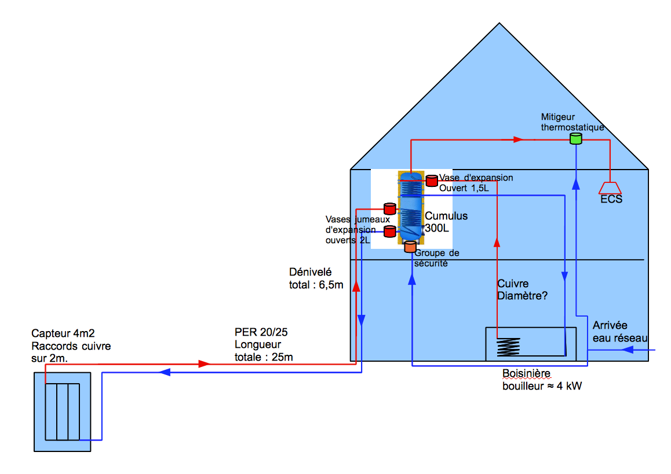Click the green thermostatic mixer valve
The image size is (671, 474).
(x=575, y=138)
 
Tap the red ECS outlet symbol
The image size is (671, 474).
(x=610, y=188)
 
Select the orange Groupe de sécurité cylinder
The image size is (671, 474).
(x=410, y=247)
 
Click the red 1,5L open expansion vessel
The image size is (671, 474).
(x=432, y=181)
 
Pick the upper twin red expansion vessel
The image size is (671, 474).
(x=389, y=208)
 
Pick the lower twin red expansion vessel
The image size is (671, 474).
(x=390, y=232)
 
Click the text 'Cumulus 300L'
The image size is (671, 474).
(x=446, y=222)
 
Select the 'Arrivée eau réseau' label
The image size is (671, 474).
(x=618, y=332)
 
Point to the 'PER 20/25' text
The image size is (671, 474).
(x=261, y=333)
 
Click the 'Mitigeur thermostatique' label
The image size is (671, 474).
(x=572, y=122)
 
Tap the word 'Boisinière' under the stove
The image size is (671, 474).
(x=526, y=373)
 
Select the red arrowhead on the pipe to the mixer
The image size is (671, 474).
(x=518, y=139)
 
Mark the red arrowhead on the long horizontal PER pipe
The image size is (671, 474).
(x=203, y=364)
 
